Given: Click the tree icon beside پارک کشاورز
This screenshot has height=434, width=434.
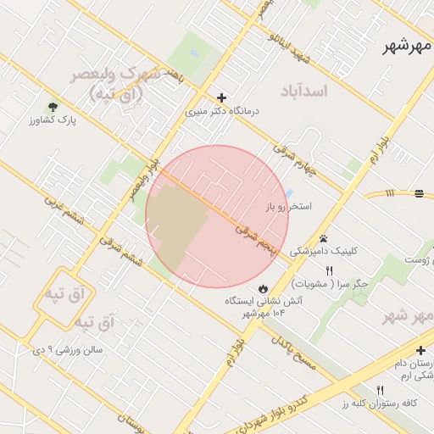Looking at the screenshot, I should coord(53,107).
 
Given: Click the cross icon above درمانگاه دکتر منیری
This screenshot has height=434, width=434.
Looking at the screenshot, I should coord(222,98).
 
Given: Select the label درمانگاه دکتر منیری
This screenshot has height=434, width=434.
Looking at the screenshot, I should coord(222,111).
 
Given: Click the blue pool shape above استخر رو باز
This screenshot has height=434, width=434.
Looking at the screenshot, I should coord(290,193).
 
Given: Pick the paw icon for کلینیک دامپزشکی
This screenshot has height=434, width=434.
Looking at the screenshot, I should coord(323,238).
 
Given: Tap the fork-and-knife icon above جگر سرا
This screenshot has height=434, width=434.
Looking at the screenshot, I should coord(329,271).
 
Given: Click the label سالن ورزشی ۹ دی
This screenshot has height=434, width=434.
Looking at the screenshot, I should coord(68,348).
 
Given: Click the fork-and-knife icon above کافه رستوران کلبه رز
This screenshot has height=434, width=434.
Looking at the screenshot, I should coord(380,389).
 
